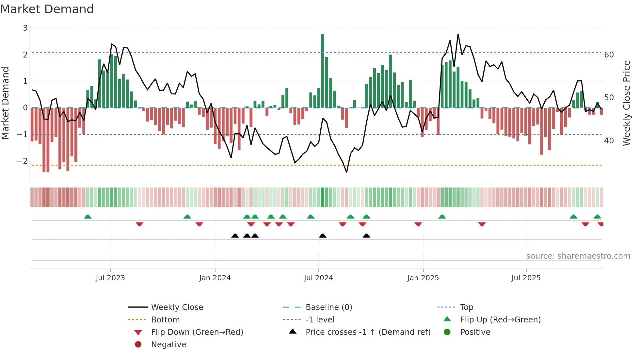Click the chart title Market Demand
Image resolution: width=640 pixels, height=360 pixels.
pyautogui.click(x=47, y=9)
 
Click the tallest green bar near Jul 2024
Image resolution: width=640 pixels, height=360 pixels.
pyautogui.click(x=323, y=70)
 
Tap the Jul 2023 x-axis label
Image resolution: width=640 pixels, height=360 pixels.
pyautogui.click(x=110, y=278)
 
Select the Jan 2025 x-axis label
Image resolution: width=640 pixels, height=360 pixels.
pyautogui.click(x=423, y=278)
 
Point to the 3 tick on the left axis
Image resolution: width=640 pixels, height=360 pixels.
pyautogui.click(x=25, y=28)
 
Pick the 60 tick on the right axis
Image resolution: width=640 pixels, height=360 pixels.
pyautogui.click(x=609, y=55)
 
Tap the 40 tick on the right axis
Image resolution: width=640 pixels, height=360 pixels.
pyautogui.click(x=609, y=141)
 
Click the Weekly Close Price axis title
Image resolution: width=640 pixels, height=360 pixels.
pyautogui.click(x=626, y=103)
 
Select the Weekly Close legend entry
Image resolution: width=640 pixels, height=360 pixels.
pyautogui.click(x=177, y=307)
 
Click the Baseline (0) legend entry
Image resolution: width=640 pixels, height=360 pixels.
pyautogui.click(x=328, y=307)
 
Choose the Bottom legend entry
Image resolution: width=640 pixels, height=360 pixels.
pyautogui.click(x=165, y=320)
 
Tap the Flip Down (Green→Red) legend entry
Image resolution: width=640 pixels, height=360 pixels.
pyautogui.click(x=197, y=332)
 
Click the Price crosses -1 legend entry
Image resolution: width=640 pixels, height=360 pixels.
pyautogui.click(x=368, y=332)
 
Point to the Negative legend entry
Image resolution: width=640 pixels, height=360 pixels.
pyautogui.click(x=168, y=345)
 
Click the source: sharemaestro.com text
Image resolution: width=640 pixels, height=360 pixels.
pyautogui.click(x=578, y=256)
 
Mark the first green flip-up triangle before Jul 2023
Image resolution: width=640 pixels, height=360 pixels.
pyautogui.click(x=88, y=217)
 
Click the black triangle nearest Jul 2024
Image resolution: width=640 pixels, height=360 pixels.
pyautogui.click(x=323, y=236)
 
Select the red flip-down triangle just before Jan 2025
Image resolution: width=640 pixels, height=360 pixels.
pyautogui.click(x=418, y=224)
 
